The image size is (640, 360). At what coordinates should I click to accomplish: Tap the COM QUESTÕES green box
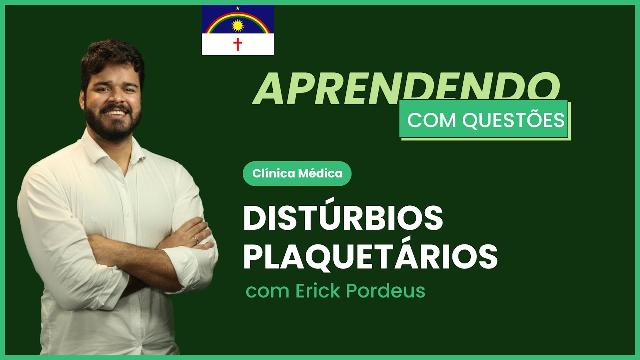[x=484, y=120]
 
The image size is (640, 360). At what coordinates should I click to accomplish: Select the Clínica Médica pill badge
[x=297, y=174]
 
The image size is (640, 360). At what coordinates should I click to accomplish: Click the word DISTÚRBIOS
[x=343, y=219]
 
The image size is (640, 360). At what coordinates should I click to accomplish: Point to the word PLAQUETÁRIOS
[x=370, y=256]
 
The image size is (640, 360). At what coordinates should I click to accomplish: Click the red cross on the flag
[x=238, y=45]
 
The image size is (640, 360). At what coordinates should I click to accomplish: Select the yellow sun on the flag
[x=237, y=25]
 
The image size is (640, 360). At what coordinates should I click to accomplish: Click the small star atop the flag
[x=238, y=8]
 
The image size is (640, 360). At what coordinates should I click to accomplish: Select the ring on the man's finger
[x=196, y=239]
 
